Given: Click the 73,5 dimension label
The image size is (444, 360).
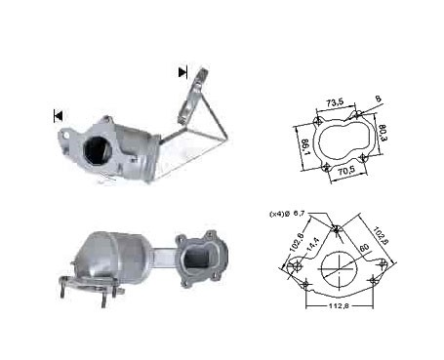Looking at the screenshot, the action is (335, 102).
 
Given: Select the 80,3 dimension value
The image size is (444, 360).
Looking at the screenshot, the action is (383, 134).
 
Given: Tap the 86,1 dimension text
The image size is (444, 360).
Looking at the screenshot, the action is (305, 147).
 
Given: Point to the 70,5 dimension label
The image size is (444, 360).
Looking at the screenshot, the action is (346, 170).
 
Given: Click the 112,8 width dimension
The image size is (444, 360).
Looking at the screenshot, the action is (339, 305).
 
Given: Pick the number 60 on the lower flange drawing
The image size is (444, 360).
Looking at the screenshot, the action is (364, 248).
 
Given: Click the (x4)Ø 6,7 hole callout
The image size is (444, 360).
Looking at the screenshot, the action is (287, 214).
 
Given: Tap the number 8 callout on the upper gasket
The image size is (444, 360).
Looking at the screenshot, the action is (378, 99).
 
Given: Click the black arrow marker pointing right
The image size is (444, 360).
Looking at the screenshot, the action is (182, 72).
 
